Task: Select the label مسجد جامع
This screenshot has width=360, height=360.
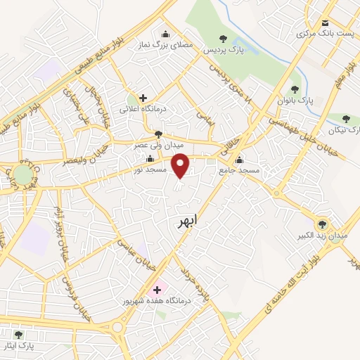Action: tap(239, 170)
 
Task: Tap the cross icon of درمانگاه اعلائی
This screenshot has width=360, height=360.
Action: tap(143, 98)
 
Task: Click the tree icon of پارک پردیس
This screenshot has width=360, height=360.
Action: tap(223, 39)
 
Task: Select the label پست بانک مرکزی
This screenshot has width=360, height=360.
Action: tap(323, 33)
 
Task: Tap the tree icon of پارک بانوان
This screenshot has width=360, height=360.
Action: tap(295, 90)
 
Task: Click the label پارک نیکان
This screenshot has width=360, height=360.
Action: tap(344, 131)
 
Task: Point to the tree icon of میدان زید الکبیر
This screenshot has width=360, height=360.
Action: tap(322, 224)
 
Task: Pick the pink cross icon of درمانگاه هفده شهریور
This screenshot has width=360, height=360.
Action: tap(157, 289)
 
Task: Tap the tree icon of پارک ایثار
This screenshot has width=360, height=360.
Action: tap(18, 334)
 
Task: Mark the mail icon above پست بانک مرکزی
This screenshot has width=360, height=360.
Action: tap(325, 21)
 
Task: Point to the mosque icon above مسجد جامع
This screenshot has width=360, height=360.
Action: tap(240, 159)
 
